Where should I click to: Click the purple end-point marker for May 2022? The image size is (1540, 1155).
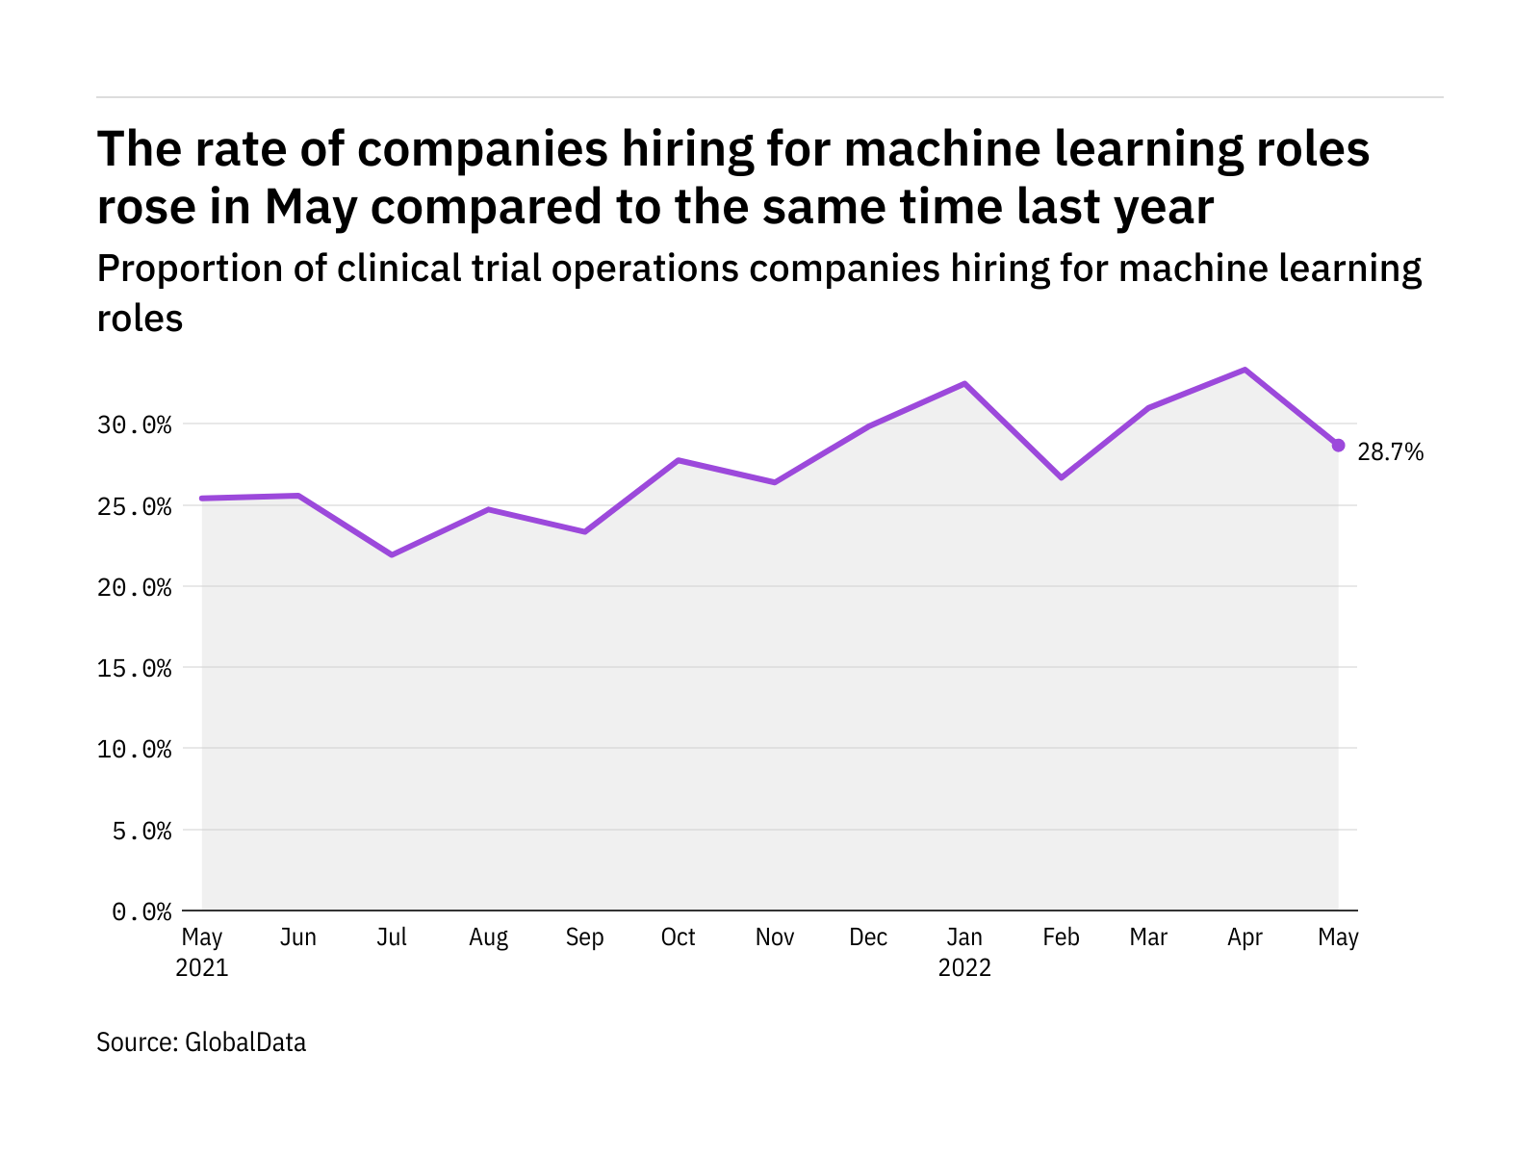1338,445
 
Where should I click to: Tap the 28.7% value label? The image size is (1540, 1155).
1390,452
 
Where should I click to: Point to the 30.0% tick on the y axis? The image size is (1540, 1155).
135,424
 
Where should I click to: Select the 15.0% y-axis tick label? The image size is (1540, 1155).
135,668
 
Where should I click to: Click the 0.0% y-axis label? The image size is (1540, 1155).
142,911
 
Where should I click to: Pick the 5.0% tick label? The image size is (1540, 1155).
142,831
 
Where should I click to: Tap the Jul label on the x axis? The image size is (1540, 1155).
392,937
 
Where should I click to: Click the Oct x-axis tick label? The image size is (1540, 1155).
679,937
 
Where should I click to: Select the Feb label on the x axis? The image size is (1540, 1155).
1061,937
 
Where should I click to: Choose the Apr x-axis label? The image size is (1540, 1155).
1245,937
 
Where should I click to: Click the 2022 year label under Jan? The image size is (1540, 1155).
964,968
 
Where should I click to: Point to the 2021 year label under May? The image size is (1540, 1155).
202,968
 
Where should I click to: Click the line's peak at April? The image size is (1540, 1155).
1245,370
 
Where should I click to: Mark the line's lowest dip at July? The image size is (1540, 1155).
392,554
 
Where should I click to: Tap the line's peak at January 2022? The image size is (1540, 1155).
964,383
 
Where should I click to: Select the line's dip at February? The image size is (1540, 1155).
1061,477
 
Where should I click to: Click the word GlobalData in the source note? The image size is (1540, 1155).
245,1042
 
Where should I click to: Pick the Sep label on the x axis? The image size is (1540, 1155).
584,937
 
